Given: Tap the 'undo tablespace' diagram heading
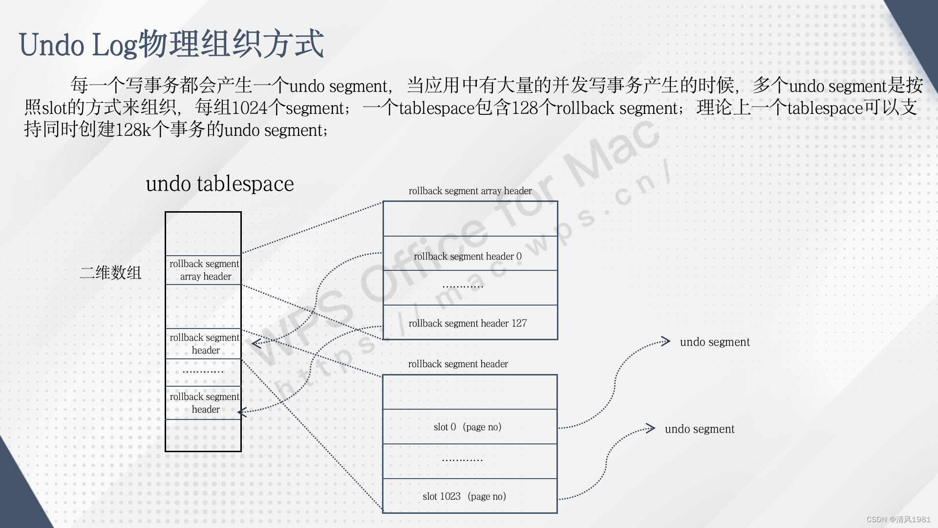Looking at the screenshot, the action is coord(220,184).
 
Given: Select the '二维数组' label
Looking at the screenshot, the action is coord(110,273).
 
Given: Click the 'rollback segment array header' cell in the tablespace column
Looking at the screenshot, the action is coord(204,270).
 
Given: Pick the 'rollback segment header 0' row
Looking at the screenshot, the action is coord(468,256).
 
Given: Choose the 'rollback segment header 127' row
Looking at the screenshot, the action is coord(468,323).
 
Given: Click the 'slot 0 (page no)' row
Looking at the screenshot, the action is coord(468,427).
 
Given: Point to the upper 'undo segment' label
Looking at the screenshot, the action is coord(715,342).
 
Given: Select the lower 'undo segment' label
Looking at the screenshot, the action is coord(700,429).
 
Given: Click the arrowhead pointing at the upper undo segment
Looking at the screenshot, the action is coord(665,341).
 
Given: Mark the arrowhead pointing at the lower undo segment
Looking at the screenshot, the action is coord(650,428).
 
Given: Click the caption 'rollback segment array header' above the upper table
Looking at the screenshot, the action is coord(470,191).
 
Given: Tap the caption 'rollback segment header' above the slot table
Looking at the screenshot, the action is coord(458,364).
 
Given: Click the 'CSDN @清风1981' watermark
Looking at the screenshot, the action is coord(898,519).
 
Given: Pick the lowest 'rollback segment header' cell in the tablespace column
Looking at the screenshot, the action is coord(204,403).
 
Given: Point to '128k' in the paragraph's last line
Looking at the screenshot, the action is coord(133,130).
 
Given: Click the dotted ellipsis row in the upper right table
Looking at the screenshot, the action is coord(462,287).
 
